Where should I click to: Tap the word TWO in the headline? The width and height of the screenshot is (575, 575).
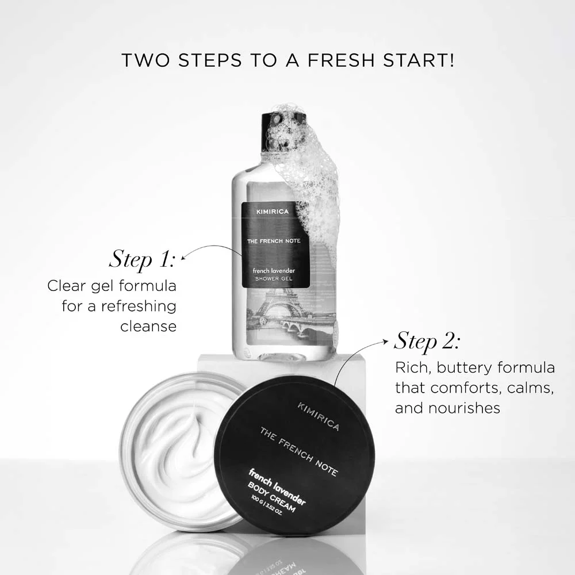pos(145,60)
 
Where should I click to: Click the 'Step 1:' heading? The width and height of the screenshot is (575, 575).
pos(141,259)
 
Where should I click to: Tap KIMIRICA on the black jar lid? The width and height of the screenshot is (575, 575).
pos(318,417)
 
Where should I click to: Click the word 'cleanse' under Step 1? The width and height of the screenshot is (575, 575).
pos(148,326)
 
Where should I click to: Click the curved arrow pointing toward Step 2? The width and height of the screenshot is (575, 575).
pos(356,356)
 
